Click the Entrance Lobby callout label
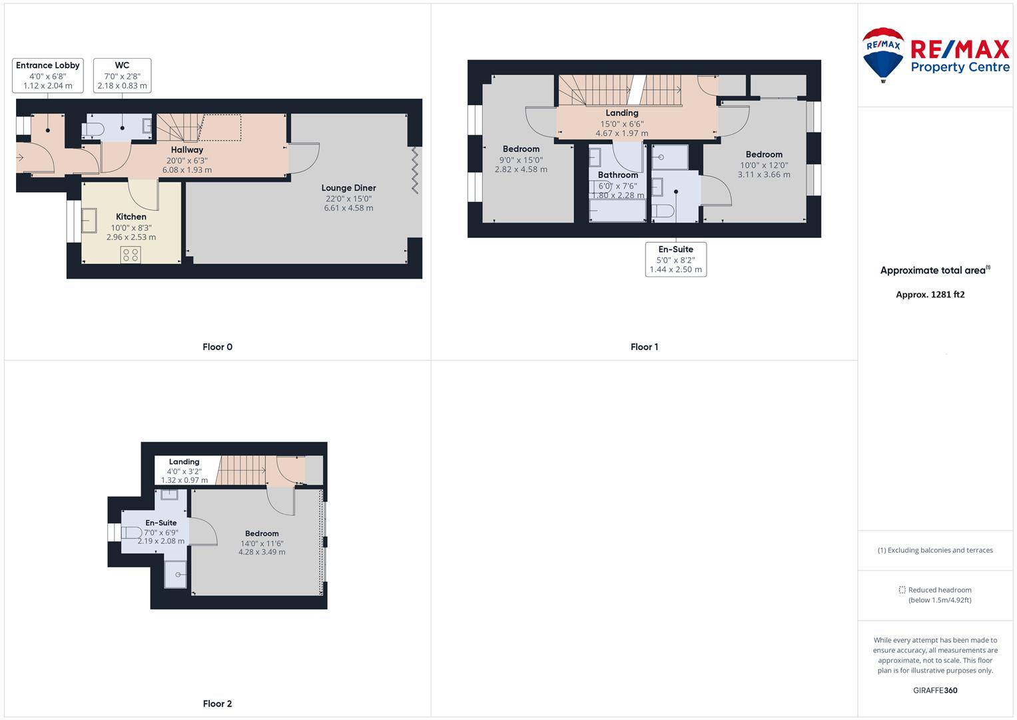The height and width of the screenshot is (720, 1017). pyautogui.click(x=47, y=75)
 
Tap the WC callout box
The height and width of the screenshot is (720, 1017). pyautogui.click(x=122, y=75)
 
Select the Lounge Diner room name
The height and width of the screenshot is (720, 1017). pyautogui.click(x=348, y=188)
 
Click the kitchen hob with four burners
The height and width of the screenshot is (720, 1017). pyautogui.click(x=131, y=255)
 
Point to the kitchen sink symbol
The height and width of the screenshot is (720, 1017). pyautogui.click(x=89, y=221)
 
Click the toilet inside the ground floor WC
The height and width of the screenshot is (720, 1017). pyautogui.click(x=93, y=129)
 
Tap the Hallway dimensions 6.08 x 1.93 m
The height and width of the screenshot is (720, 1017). pyautogui.click(x=187, y=170)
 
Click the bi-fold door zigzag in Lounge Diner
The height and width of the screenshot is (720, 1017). pyautogui.click(x=416, y=171)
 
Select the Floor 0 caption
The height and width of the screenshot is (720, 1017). pyautogui.click(x=217, y=347)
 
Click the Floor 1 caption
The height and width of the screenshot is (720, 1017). pyautogui.click(x=644, y=347)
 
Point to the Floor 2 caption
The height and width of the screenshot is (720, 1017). pyautogui.click(x=217, y=703)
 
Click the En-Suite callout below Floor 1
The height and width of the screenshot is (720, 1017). pyautogui.click(x=675, y=259)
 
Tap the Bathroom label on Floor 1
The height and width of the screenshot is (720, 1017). pyautogui.click(x=617, y=175)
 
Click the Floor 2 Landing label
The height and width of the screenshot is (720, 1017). pyautogui.click(x=184, y=461)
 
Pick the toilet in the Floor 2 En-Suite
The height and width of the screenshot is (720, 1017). pyautogui.click(x=132, y=533)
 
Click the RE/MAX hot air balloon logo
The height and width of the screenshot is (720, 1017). pyautogui.click(x=882, y=54)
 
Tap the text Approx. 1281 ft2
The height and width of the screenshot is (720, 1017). pyautogui.click(x=930, y=295)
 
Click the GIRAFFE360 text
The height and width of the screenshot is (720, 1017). pyautogui.click(x=934, y=690)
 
